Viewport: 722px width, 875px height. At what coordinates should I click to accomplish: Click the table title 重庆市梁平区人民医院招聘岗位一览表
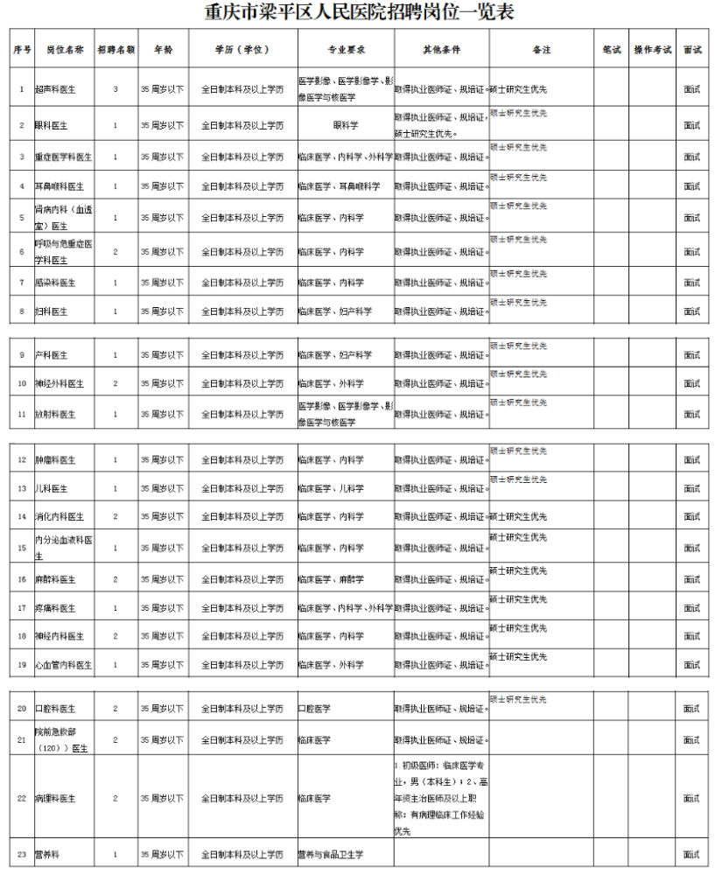[360, 12]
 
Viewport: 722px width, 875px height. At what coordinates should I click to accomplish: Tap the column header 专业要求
[346, 50]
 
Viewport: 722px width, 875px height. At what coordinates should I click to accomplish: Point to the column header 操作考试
[652, 50]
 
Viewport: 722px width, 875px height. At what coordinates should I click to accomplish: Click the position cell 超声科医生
[55, 89]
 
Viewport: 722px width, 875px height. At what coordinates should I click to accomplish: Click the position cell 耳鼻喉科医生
[59, 186]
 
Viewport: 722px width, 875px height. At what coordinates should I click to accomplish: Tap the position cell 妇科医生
[52, 311]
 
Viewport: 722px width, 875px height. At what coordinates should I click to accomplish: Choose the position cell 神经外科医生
[59, 383]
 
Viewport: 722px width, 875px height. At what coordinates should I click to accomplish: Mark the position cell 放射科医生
[55, 414]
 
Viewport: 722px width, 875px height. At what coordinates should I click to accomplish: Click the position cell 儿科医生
[52, 488]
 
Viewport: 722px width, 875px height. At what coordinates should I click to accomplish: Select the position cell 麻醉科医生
[55, 579]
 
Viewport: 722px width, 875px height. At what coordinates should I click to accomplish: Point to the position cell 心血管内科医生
[62, 665]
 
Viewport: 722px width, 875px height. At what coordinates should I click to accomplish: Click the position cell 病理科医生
[55, 798]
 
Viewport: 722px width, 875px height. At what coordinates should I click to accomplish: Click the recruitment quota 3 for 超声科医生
[116, 89]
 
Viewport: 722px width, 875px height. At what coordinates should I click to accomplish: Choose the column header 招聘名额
[116, 50]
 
